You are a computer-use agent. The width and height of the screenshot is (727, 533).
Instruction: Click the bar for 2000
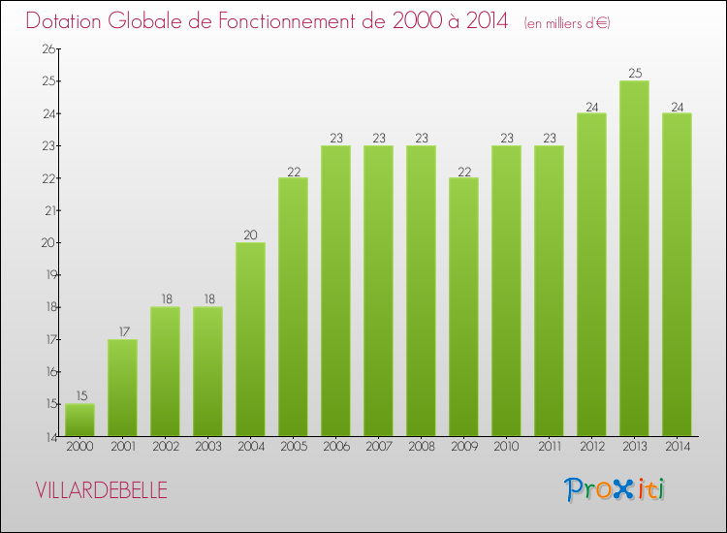[x=79, y=421]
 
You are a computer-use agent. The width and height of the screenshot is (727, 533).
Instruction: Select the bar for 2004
[x=250, y=339]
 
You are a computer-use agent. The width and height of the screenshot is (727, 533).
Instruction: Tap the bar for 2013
[x=634, y=259]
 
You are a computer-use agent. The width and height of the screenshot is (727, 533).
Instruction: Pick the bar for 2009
[x=463, y=307]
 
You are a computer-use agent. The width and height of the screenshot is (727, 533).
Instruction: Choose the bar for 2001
[x=122, y=388]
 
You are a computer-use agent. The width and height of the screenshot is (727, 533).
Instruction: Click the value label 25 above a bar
[x=634, y=74]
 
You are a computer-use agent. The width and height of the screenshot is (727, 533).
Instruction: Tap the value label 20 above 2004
[x=250, y=235]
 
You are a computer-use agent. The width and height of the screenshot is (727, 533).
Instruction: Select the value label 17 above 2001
[x=122, y=331]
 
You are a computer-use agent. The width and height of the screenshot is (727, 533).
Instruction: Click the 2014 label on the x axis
[x=677, y=448]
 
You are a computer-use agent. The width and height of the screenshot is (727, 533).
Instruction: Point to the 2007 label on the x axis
[x=378, y=448]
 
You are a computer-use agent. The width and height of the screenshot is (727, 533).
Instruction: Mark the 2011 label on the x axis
[x=549, y=448]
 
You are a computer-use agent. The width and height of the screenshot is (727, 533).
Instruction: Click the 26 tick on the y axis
[x=45, y=49]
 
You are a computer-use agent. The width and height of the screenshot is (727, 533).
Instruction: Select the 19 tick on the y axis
[x=45, y=275]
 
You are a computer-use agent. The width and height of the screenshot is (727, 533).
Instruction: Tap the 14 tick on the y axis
[x=45, y=437]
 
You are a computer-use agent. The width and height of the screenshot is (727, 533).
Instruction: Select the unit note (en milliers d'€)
[x=567, y=23]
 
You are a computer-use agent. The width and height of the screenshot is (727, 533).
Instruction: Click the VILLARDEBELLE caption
[x=101, y=490]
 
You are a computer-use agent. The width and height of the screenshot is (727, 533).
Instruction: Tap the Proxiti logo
[x=616, y=489]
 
